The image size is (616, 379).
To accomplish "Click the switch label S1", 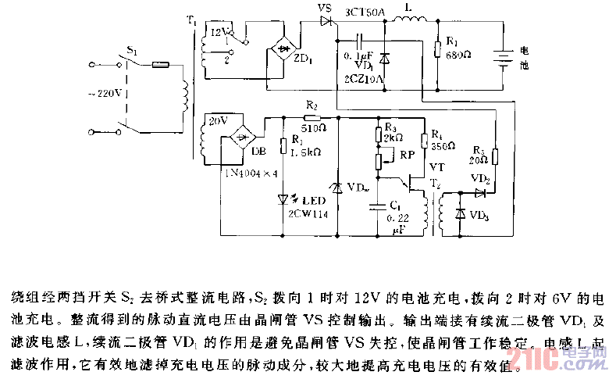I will [x=132, y=52].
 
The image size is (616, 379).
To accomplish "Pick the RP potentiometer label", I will [x=407, y=155].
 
